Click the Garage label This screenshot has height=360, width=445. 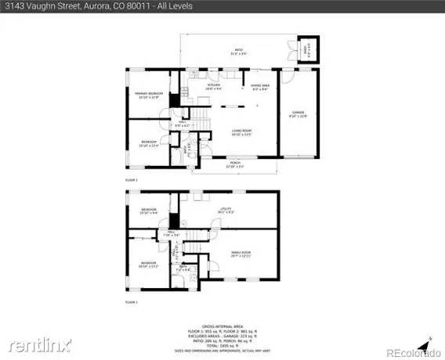298,114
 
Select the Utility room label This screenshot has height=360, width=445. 227,210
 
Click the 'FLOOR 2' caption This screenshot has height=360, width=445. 131,180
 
